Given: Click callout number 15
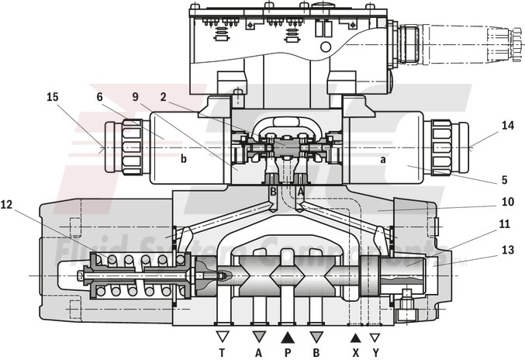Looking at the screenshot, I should pyautogui.click(x=53, y=97).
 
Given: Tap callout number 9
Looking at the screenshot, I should pyautogui.click(x=136, y=97).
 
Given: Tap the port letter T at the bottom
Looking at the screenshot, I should pyautogui.click(x=223, y=351).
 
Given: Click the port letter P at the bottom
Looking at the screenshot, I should pyautogui.click(x=288, y=351).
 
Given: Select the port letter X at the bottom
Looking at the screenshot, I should pyautogui.click(x=356, y=351).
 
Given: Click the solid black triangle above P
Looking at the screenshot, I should pyautogui.click(x=288, y=337).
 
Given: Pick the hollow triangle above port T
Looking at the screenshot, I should pyautogui.click(x=223, y=337).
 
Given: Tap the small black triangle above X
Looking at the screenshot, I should pyautogui.click(x=356, y=337).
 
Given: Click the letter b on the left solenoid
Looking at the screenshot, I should pyautogui.click(x=184, y=158).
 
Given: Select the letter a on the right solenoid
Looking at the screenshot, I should pyautogui.click(x=382, y=158).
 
